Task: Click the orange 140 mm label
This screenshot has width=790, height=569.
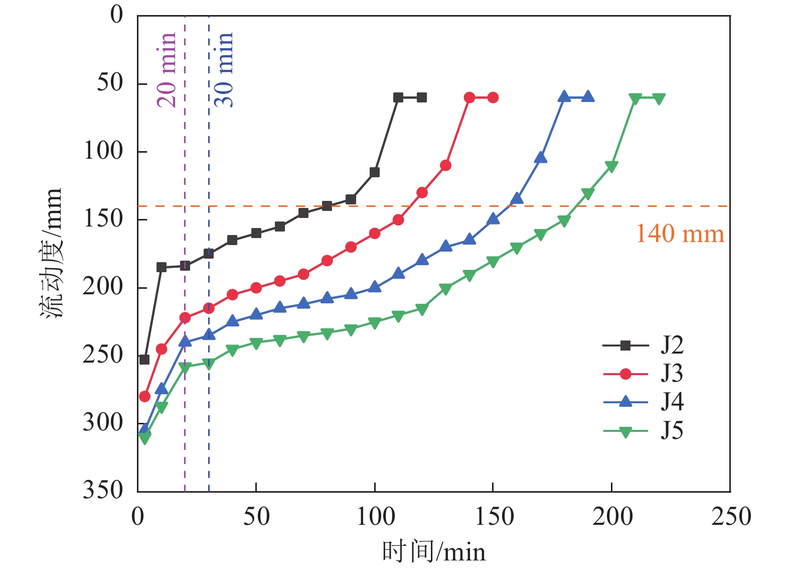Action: [x=680, y=234]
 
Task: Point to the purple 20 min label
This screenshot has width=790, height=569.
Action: [x=167, y=70]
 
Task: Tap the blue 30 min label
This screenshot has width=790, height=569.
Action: [x=224, y=70]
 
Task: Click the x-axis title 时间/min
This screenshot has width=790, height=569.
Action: [x=434, y=551]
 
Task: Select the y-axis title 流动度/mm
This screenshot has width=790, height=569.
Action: [x=52, y=254]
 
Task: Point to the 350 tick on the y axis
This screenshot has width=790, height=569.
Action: [x=103, y=490]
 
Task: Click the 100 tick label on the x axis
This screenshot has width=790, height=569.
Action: [x=375, y=516]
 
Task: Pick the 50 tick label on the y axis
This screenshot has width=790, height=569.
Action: [x=110, y=83]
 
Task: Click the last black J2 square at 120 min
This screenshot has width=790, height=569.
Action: [x=422, y=97]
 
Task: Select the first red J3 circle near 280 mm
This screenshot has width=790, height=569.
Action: [x=144, y=397]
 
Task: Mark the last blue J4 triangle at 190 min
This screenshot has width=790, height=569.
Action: [x=588, y=97]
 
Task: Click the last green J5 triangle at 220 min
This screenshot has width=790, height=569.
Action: [x=659, y=98]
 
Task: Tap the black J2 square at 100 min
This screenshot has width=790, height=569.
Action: [x=374, y=172]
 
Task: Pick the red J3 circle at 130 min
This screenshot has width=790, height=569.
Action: [x=445, y=165]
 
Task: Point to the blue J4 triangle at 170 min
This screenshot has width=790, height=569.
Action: [x=540, y=158]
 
